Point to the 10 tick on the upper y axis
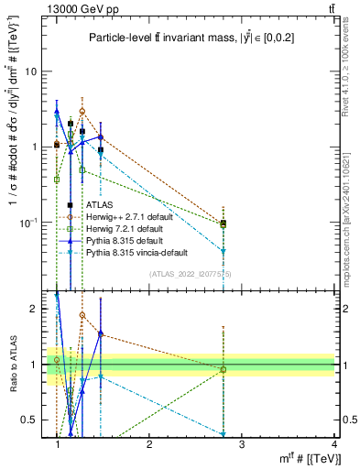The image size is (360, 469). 32,71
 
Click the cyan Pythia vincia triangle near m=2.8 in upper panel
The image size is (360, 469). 224,251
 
